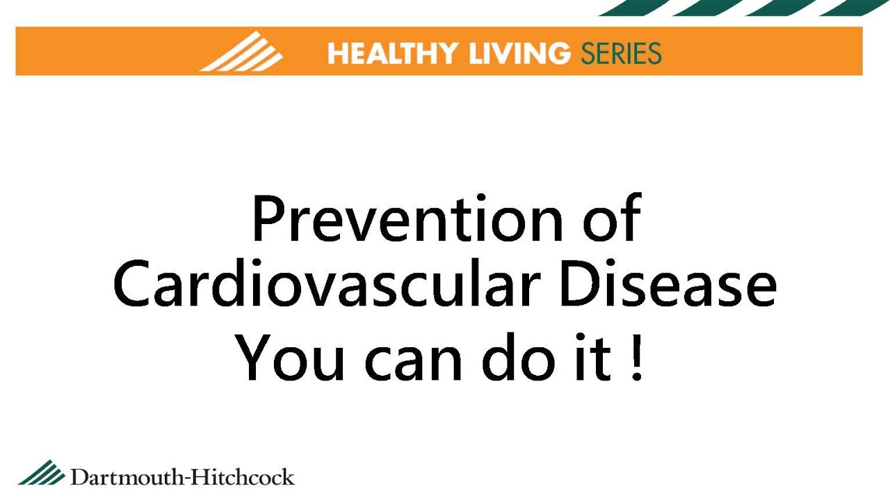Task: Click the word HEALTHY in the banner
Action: pos(393,54)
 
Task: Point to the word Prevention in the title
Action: pos(407,218)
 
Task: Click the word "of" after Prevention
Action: pos(611,218)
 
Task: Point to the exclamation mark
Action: pos(636,359)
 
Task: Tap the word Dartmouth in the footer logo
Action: pos(124,477)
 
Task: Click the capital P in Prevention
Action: pos(267,218)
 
